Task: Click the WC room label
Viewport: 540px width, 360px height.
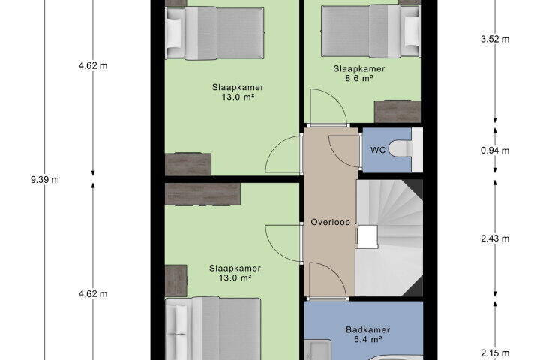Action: tap(378, 150)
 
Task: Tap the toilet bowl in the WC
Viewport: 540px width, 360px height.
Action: tap(400, 149)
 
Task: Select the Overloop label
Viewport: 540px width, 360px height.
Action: tap(330, 222)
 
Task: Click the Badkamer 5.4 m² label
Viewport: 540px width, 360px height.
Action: tap(367, 334)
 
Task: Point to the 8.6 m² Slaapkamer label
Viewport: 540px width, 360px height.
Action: tap(358, 73)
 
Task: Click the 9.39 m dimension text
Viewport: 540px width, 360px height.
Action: tap(45, 179)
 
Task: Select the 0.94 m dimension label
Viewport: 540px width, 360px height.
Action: tap(495, 151)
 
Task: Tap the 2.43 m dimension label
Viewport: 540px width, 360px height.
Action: tap(495, 238)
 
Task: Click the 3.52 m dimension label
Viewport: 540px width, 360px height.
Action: tap(495, 39)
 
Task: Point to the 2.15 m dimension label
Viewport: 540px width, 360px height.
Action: tap(495, 352)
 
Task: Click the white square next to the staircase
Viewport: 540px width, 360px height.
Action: tap(367, 237)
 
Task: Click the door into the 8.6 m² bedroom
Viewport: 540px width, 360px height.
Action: tap(328, 106)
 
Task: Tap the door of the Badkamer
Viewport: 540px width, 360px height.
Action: tap(328, 280)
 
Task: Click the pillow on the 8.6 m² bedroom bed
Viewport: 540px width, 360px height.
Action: tap(411, 31)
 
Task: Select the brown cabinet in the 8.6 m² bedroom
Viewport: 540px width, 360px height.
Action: tap(397, 112)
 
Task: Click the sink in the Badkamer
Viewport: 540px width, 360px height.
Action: tap(317, 349)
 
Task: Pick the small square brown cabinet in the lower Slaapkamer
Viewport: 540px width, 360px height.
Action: tap(176, 280)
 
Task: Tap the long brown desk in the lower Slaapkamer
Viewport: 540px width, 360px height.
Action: tap(202, 195)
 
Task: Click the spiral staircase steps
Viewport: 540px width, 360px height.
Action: tap(389, 238)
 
